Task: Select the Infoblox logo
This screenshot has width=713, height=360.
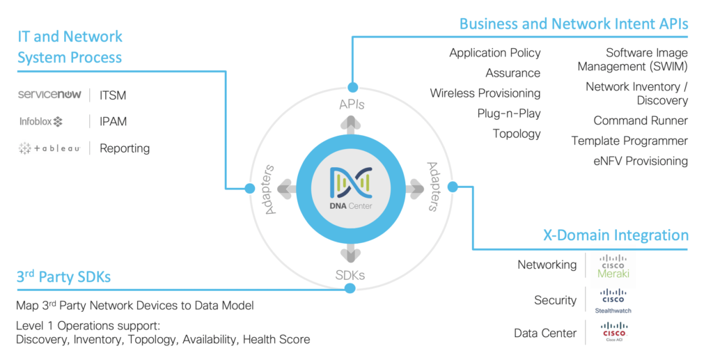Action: [41, 122]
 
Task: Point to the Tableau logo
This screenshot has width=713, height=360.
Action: [49, 148]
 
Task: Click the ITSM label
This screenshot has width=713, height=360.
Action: [113, 95]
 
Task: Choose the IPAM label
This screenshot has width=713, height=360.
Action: [113, 122]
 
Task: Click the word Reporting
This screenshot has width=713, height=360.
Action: [125, 148]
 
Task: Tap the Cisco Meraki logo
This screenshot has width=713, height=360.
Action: [613, 266]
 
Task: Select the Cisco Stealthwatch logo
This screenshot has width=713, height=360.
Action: [613, 300]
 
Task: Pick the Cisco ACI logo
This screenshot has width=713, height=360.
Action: [613, 332]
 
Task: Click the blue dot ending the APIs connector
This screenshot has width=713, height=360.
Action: [353, 88]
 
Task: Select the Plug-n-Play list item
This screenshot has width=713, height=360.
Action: [509, 114]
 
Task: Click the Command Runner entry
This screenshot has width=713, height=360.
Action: [641, 120]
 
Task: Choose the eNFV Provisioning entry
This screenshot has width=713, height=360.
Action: [640, 161]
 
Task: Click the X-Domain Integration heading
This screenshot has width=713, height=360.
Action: [616, 235]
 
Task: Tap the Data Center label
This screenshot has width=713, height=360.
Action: [545, 333]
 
